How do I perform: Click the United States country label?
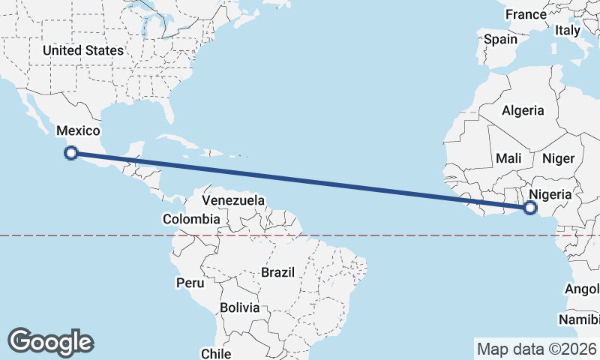click(82, 50)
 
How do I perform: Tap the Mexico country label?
click(78, 130)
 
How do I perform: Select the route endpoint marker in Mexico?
click(71, 153)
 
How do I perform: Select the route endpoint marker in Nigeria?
click(530, 208)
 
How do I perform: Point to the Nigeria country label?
click(550, 193)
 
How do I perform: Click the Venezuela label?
click(233, 200)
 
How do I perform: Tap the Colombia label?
click(191, 219)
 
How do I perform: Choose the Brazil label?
click(277, 272)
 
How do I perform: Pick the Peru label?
click(190, 283)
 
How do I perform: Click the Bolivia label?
click(240, 307)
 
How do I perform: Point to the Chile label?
click(215, 352)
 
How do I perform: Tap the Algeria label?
click(523, 110)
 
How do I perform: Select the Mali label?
click(508, 158)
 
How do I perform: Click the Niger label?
click(557, 158)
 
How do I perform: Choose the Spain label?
click(500, 39)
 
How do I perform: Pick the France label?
click(526, 14)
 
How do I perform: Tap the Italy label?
click(568, 30)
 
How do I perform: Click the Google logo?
click(50, 342)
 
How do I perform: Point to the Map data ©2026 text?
click(536, 349)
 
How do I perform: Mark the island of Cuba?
click(180, 141)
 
